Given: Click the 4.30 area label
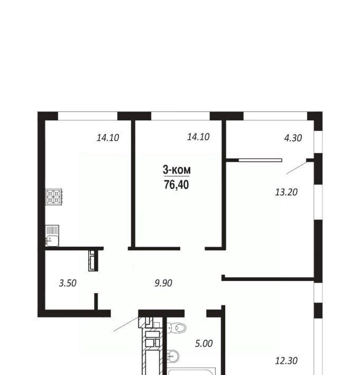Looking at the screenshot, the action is pos(293,138).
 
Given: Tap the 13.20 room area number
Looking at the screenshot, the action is pos(287,192).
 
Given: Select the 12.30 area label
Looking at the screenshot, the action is pos(287,360).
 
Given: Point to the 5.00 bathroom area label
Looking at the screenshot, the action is pos(204,344).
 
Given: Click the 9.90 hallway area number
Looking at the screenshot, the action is pos(163,283).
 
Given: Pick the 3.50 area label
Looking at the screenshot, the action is pos(68,283).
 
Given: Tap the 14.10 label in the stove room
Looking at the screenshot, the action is pos(108,138).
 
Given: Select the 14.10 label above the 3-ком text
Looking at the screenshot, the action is pos(198,137).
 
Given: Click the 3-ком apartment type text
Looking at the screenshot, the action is pos(177,170).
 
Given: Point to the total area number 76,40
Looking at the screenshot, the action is pos(177,185).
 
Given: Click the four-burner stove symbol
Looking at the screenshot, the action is pos(54,197).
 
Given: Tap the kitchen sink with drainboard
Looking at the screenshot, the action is pos(52,236).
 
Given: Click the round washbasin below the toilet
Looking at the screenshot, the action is pos(173,356).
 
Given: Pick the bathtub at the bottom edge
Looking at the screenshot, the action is pos(191,371).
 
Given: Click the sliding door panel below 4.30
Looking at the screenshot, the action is pos(261,160).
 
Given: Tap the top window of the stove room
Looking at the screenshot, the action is pos(88,116).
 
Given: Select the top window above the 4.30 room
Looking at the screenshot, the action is pos(275,116).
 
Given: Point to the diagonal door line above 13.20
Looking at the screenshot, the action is pos(297,168).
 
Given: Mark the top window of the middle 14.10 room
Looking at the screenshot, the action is pos(180,116).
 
